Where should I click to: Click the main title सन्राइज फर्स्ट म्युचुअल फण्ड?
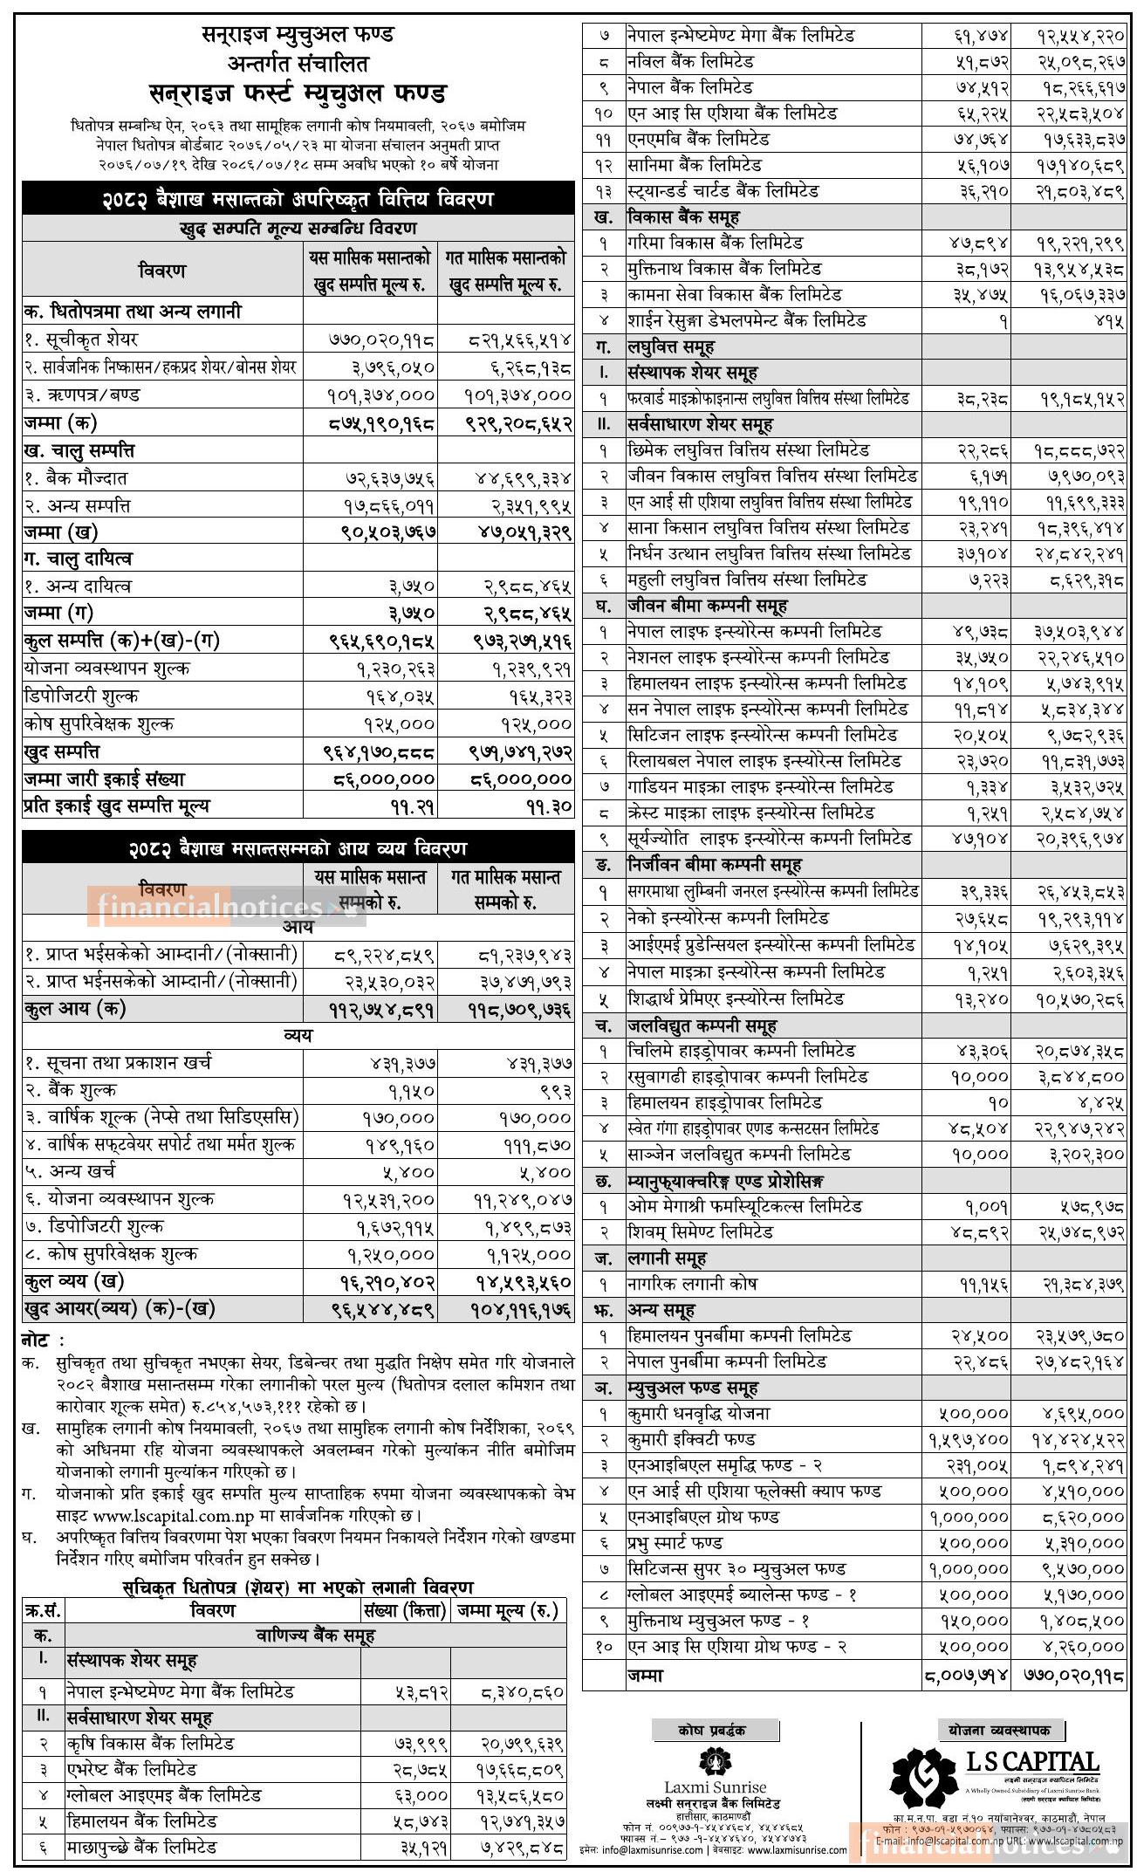[298, 93]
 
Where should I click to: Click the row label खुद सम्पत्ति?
[61, 751]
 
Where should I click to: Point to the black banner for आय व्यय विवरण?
[298, 847]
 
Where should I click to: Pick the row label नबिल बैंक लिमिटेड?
[689, 62]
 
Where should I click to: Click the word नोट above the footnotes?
[43, 1340]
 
